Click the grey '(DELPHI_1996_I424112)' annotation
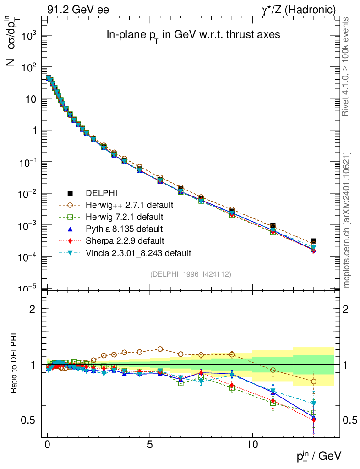pyautogui.click(x=191, y=274)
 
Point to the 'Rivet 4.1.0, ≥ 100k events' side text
pyautogui.click(x=347, y=67)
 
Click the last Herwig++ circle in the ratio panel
pyautogui.click(x=313, y=381)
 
